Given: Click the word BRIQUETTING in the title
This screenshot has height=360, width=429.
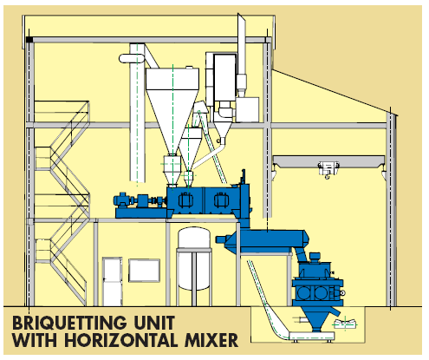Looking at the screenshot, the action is point(69,323).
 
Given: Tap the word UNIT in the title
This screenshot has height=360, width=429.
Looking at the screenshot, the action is point(154,323).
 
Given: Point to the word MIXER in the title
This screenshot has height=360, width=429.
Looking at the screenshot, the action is point(211,340).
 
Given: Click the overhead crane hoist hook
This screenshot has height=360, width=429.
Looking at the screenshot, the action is point(327,176).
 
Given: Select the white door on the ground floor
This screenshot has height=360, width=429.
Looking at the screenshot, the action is point(113,281).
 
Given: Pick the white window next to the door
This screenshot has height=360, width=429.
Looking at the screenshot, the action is point(144,271).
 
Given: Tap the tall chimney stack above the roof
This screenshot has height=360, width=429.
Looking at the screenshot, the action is point(242,55).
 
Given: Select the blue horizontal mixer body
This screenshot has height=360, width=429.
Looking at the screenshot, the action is point(206,200).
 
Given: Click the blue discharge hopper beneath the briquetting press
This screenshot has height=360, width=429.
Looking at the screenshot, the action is point(317,318).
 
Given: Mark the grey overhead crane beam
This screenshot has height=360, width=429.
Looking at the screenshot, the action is point(328,160).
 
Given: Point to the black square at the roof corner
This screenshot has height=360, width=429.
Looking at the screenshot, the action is point(29,40).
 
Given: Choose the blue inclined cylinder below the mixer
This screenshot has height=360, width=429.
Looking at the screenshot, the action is point(263,239).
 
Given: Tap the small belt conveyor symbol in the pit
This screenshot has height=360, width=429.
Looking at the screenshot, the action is point(344,324).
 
